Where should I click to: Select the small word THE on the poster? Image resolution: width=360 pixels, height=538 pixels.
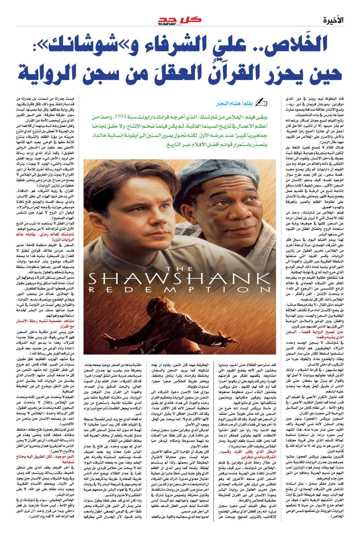pos(177,269)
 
